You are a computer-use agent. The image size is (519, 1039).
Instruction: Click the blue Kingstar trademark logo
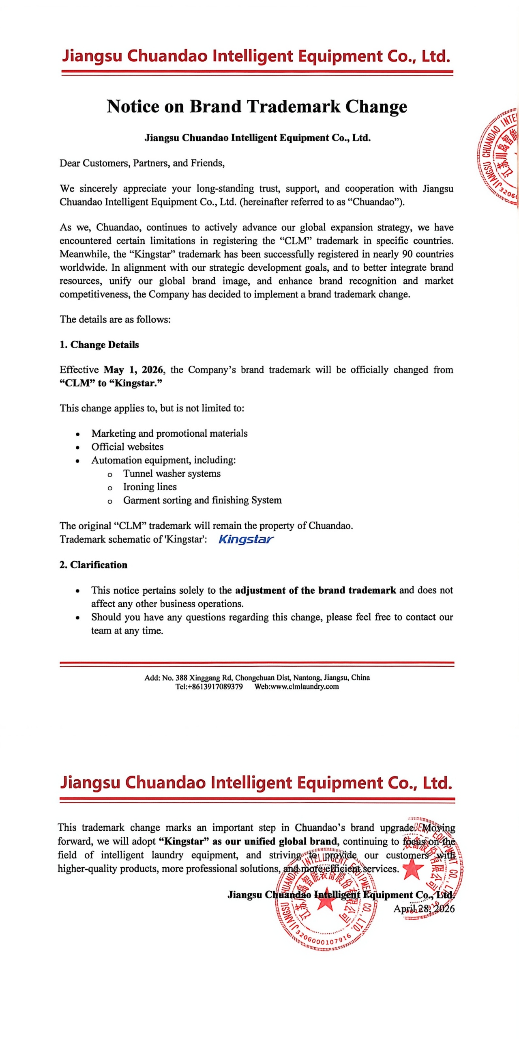pos(246,539)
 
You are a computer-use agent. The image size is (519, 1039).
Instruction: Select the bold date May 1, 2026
pos(133,369)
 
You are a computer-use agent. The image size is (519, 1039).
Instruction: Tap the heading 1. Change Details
pos(99,345)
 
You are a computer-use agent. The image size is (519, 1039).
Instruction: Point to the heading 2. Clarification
pos(94,565)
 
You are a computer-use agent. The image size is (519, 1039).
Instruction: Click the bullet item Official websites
pos(127,446)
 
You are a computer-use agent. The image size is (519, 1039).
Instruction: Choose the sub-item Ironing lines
pos(150,487)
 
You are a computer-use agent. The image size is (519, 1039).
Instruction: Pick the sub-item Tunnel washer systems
pos(172,473)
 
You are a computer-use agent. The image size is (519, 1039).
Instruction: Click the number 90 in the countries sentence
pos(407,254)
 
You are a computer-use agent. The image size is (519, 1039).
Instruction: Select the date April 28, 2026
pos(424,909)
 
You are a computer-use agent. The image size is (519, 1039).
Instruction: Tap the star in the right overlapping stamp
pos(412,869)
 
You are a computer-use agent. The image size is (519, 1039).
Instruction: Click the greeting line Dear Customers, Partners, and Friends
pos(142,163)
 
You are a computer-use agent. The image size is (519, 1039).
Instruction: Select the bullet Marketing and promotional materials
pos(169,433)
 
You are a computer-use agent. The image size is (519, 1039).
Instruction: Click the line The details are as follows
pos(115,319)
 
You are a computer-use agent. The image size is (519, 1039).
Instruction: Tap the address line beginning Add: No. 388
pos(257,677)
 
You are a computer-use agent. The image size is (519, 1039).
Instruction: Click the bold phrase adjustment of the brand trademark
pos(315,590)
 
